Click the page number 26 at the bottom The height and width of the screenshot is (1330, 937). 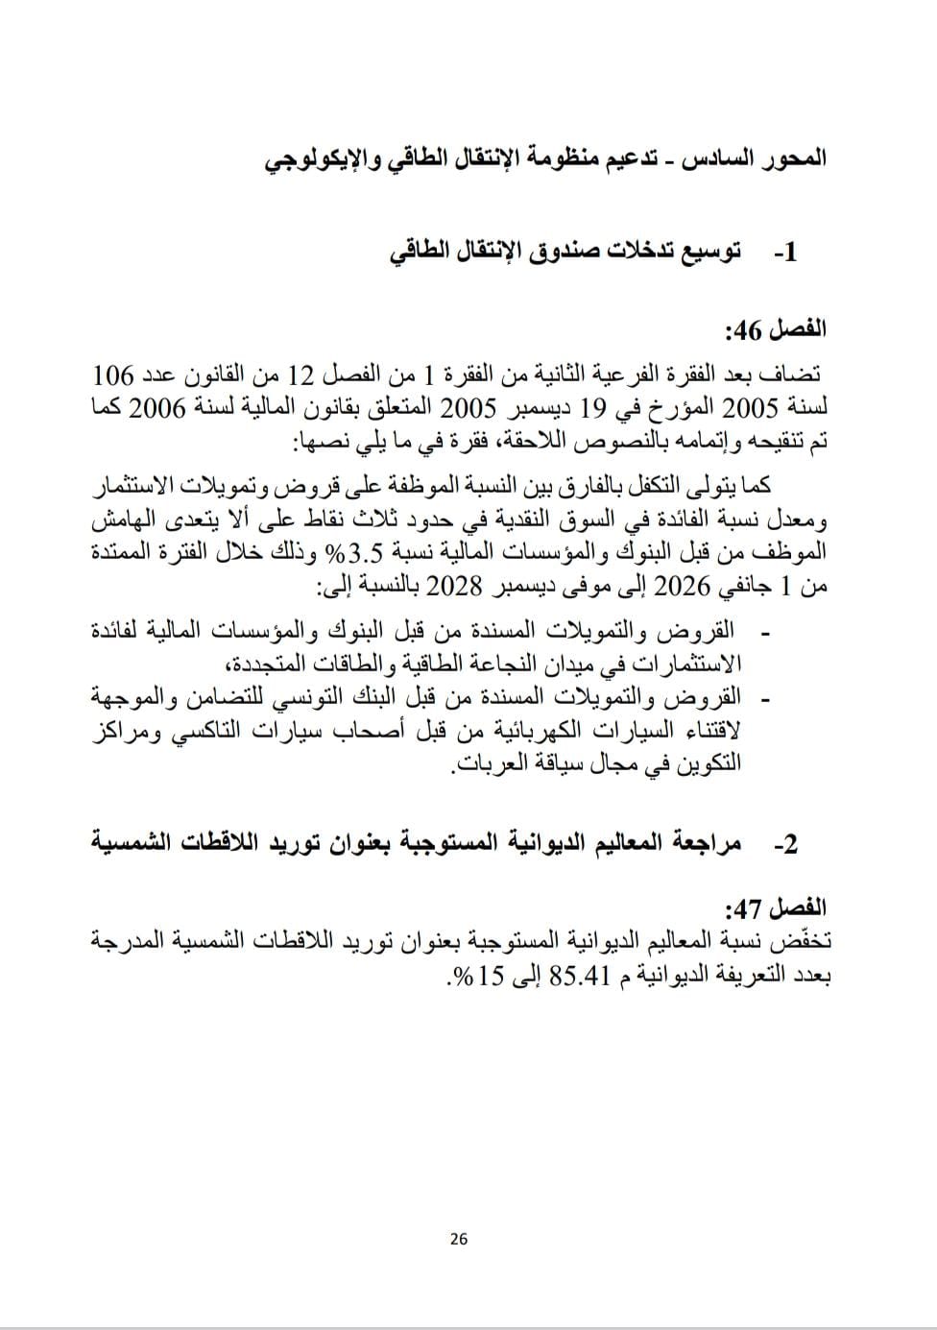click(x=459, y=1239)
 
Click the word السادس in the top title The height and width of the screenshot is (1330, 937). click(x=701, y=158)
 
